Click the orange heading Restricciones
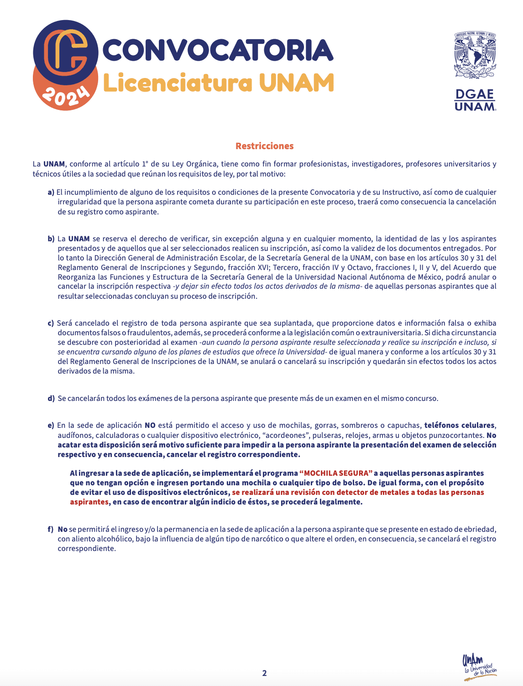264,146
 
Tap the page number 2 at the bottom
264,673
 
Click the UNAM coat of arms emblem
475,55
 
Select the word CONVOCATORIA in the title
218,50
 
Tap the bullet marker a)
51,192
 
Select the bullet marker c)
51,323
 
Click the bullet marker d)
51,399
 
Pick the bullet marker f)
51,530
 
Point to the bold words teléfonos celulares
459,426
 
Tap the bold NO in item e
150,426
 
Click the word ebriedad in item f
478,530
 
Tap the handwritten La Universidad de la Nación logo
479,666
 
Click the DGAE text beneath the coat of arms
475,94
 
